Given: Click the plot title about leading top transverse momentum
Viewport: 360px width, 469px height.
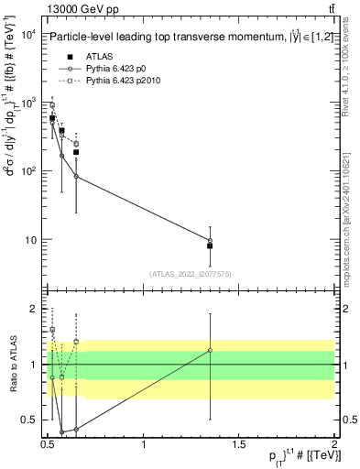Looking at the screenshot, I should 182,38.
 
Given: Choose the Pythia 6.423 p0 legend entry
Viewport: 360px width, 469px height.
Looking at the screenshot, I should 119,69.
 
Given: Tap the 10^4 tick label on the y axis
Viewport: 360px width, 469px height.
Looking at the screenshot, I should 28,35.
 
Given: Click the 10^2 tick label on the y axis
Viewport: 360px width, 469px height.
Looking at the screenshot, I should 28,171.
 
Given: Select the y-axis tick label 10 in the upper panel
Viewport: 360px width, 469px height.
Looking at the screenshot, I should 30,240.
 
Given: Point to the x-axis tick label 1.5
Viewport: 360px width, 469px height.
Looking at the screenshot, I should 239,444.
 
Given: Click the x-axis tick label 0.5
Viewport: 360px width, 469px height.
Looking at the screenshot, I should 49,444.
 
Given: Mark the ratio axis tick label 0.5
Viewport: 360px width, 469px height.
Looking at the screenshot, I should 31,420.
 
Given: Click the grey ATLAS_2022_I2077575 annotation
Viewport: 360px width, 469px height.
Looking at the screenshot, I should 189,274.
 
